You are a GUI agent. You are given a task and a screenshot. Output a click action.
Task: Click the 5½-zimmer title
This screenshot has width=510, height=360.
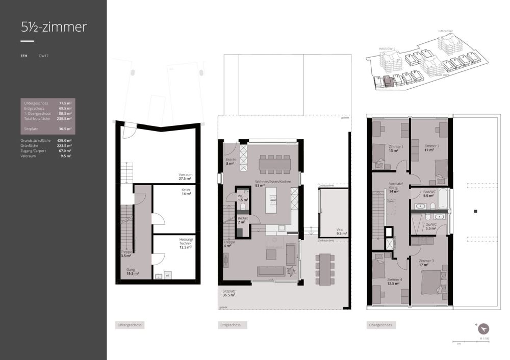(54, 27)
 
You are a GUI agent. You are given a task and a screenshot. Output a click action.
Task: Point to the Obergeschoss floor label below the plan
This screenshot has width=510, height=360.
(380, 325)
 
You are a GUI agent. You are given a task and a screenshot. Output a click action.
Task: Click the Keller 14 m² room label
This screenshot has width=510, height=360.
(186, 192)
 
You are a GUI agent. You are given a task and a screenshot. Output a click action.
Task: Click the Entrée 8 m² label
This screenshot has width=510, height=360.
(231, 162)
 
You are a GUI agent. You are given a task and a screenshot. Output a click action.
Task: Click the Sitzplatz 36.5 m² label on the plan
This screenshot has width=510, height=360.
(228, 293)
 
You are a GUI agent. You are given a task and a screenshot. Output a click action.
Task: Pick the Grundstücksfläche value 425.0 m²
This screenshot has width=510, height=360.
(64, 140)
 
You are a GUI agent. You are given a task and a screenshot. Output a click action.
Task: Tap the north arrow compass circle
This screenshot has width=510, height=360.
(483, 329)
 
